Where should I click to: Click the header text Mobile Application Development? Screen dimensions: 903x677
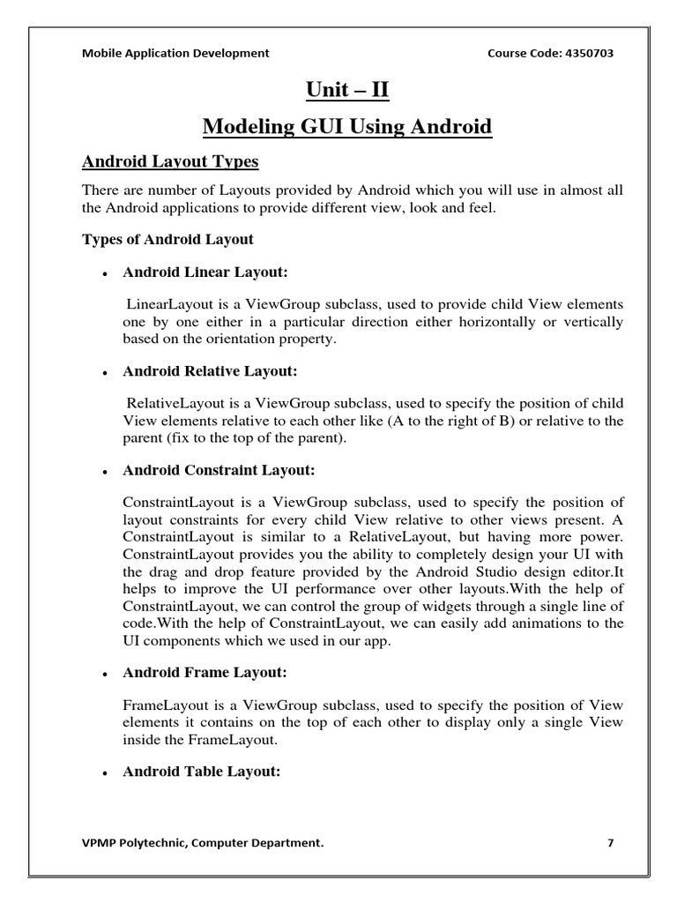tap(175, 53)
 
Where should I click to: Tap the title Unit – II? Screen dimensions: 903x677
tap(346, 90)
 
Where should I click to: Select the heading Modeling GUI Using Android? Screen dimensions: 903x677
tap(346, 127)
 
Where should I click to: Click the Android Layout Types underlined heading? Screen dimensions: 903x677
tap(170, 162)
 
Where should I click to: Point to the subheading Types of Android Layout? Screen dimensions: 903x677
tap(167, 239)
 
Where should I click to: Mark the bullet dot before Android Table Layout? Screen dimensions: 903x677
tap(105, 772)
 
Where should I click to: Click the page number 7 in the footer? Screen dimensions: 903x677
tap(610, 842)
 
